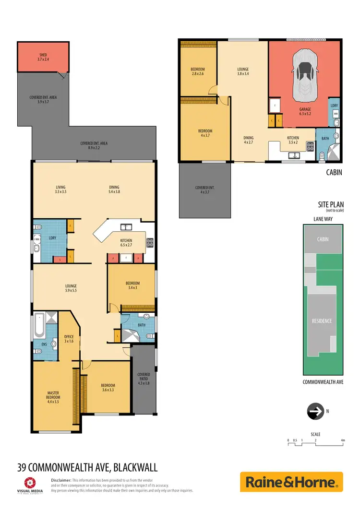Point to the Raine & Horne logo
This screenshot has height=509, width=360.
point(291,482)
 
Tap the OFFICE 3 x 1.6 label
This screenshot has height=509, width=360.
point(69,339)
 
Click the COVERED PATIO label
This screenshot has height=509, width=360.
point(144,379)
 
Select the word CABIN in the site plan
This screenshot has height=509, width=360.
point(323,238)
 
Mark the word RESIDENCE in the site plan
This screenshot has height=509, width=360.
point(322,321)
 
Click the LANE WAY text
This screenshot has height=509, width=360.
point(323,219)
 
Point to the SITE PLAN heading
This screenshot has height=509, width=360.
point(331,204)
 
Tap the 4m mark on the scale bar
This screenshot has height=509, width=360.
point(343,440)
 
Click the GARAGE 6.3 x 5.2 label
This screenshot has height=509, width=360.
point(305,112)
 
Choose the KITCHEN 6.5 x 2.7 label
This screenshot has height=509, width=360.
point(126,243)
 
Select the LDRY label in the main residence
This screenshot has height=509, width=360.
point(53,238)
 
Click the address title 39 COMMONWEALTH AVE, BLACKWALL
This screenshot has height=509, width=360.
point(87,467)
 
